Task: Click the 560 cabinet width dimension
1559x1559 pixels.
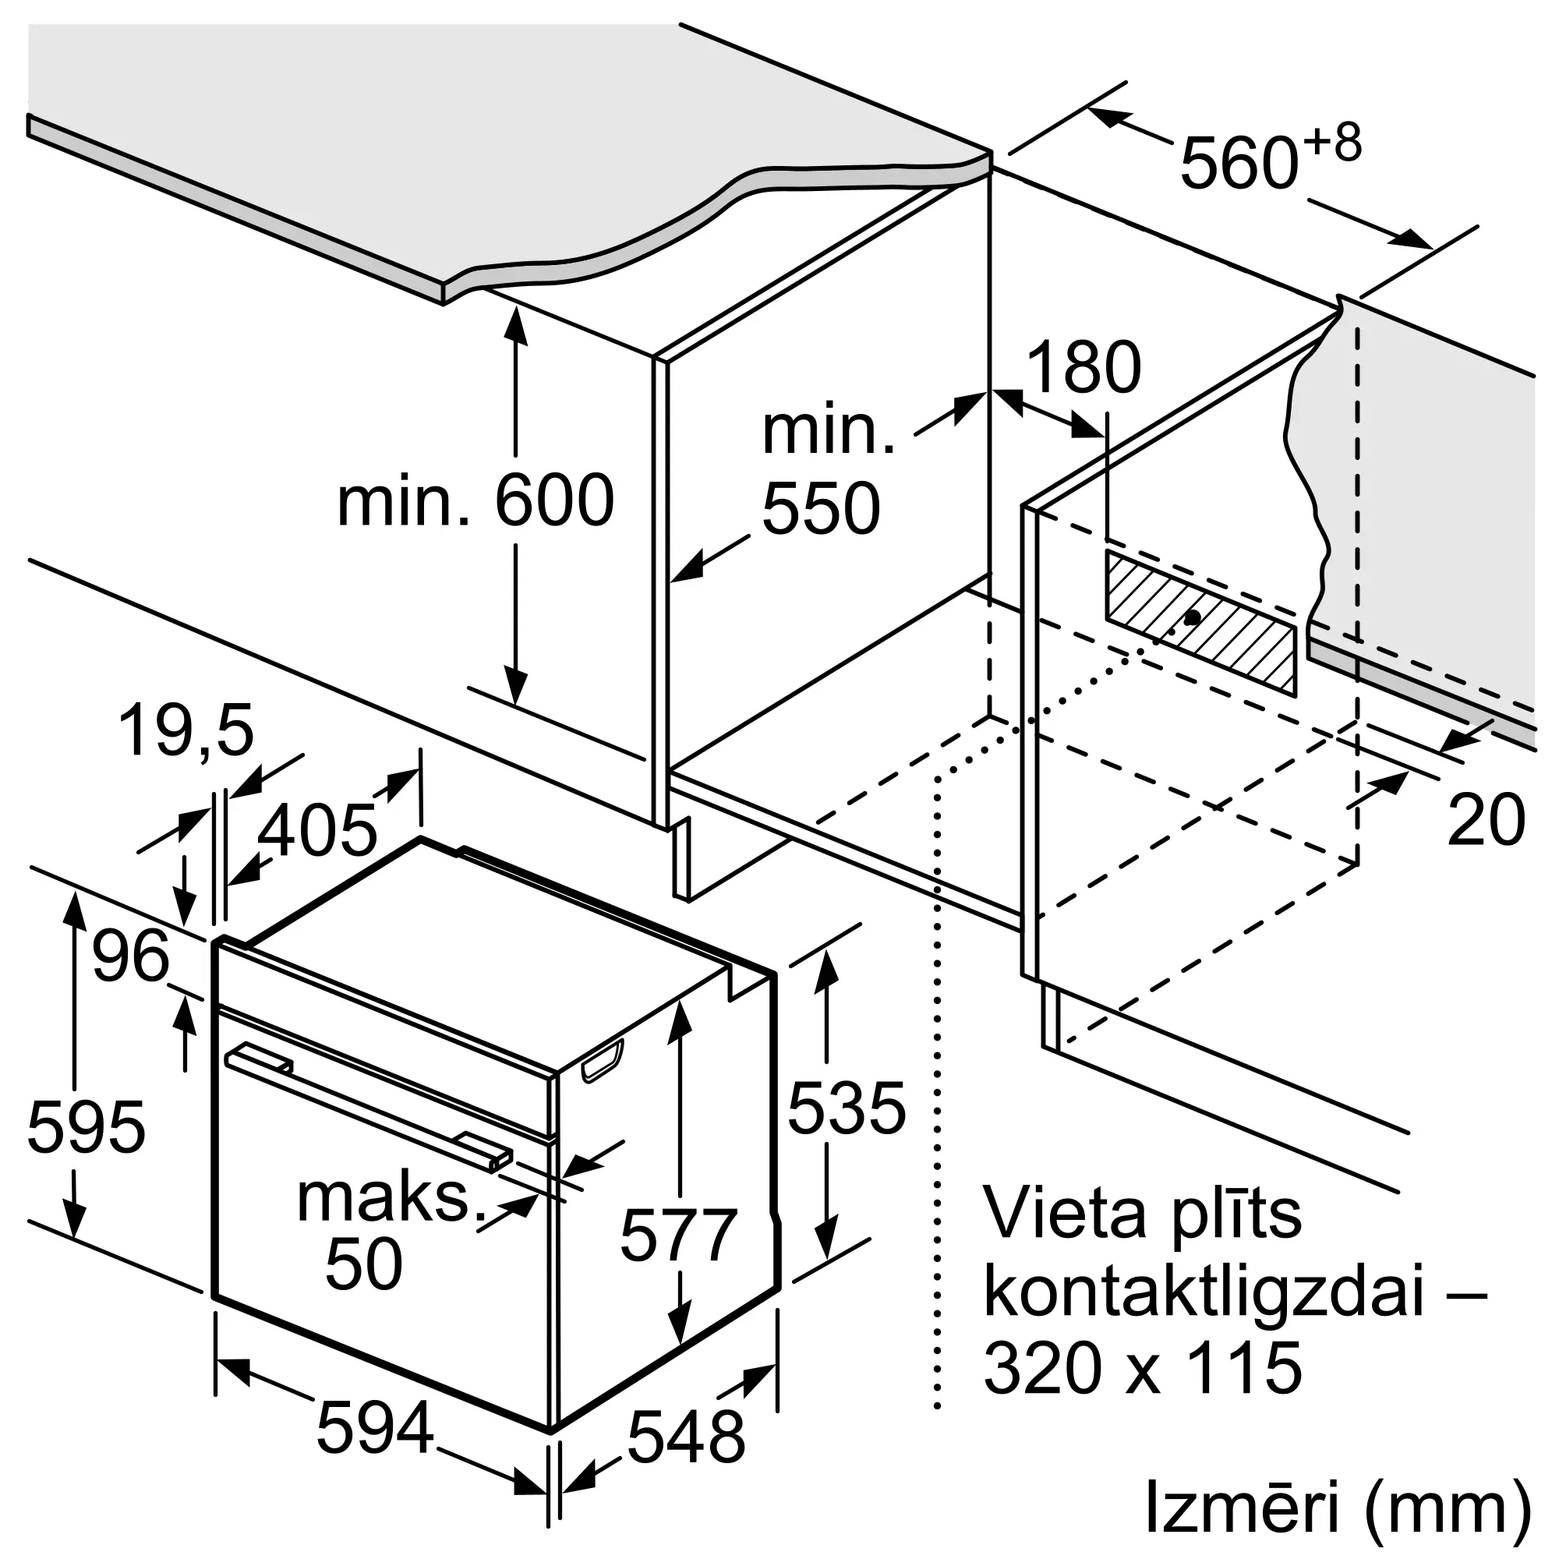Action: coord(1239,165)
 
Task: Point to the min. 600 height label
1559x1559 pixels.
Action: coord(475,501)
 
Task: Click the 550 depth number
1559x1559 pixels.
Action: coord(821,508)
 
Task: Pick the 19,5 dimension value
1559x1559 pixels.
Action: coord(186,731)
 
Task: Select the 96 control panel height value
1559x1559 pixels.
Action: coord(131,956)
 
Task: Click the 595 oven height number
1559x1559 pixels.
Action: coord(87,1126)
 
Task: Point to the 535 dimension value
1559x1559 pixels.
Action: coord(847,1108)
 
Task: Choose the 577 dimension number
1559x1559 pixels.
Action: coord(679,1235)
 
